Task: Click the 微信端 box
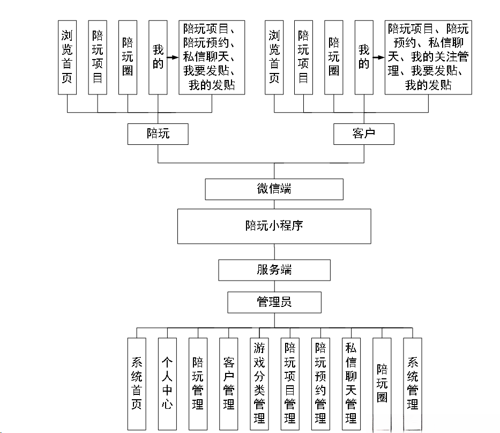pyautogui.click(x=274, y=189)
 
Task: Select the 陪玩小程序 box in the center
pyautogui.click(x=274, y=226)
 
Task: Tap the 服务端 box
pyautogui.click(x=274, y=270)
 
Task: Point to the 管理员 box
pyautogui.click(x=274, y=302)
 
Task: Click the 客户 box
pyautogui.click(x=363, y=134)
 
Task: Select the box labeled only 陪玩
pyautogui.click(x=158, y=134)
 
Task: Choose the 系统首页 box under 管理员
pyautogui.click(x=137, y=383)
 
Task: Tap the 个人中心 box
pyautogui.click(x=167, y=383)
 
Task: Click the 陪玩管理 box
pyautogui.click(x=198, y=383)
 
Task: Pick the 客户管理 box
pyautogui.click(x=228, y=383)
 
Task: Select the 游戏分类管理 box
pyautogui.click(x=259, y=383)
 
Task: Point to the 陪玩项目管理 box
pyautogui.click(x=290, y=383)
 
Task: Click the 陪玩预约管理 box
pyautogui.click(x=320, y=383)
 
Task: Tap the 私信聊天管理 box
pyautogui.click(x=351, y=383)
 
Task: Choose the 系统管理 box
pyautogui.click(x=413, y=383)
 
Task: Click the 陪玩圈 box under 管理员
pyautogui.click(x=382, y=383)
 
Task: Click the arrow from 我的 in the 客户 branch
pyautogui.click(x=378, y=57)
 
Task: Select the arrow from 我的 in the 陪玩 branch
pyautogui.click(x=172, y=57)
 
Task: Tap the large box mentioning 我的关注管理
pyautogui.click(x=428, y=57)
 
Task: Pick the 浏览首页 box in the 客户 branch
pyautogui.click(x=274, y=57)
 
